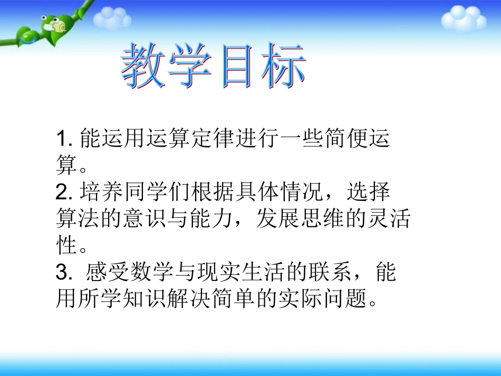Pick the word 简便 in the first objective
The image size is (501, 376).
point(341,139)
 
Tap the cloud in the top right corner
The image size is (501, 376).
point(463,18)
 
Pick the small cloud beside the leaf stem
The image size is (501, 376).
point(112,18)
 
